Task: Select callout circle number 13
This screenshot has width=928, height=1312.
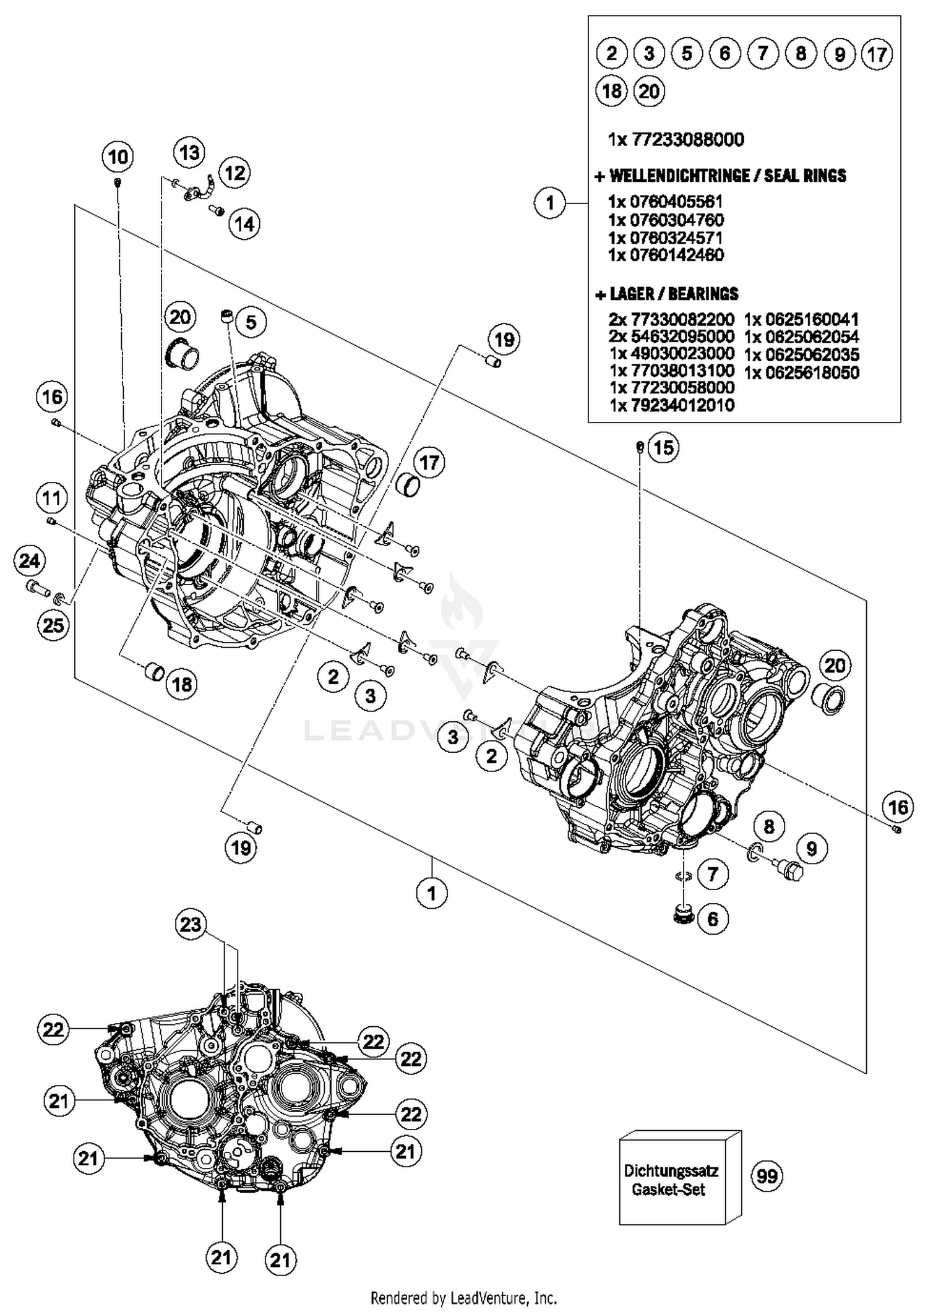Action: pos(189,152)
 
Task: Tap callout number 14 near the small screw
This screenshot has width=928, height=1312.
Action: pos(244,224)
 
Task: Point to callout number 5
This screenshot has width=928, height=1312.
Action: pos(251,322)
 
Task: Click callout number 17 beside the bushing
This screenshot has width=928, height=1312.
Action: pos(429,462)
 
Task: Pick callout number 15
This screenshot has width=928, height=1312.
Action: pos(663,447)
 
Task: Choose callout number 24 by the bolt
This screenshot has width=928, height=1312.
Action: pos(29,560)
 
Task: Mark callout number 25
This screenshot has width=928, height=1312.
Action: pos(53,625)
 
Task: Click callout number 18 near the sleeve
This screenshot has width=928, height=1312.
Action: pos(182,684)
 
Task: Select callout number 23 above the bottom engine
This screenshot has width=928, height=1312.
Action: pos(190,924)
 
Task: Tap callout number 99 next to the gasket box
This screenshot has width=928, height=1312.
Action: pos(767,1175)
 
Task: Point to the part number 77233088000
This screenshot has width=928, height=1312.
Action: pos(687,140)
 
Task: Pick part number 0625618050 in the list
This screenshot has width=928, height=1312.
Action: pos(812,372)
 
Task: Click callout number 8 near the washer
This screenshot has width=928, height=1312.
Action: pos(768,826)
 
